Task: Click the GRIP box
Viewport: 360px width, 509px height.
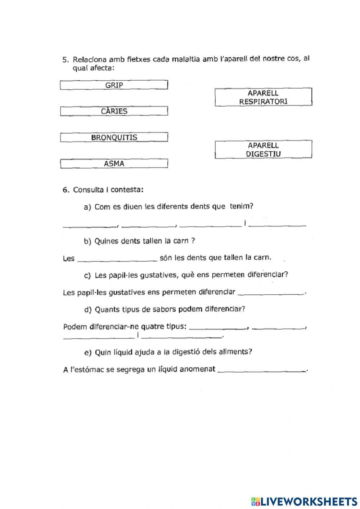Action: (x=114, y=85)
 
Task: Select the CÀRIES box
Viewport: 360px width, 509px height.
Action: (x=114, y=111)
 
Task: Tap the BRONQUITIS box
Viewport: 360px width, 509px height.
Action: (x=114, y=138)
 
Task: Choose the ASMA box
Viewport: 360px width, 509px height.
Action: (x=114, y=164)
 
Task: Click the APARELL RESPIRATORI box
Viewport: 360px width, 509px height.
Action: (x=263, y=97)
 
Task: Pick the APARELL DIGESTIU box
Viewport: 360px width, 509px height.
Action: (x=263, y=149)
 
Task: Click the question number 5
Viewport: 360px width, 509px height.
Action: (x=65, y=59)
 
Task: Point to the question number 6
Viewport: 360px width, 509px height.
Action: (x=65, y=190)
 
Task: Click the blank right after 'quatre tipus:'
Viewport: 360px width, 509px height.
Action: (x=218, y=328)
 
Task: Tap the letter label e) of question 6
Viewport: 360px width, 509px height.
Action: (x=88, y=352)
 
